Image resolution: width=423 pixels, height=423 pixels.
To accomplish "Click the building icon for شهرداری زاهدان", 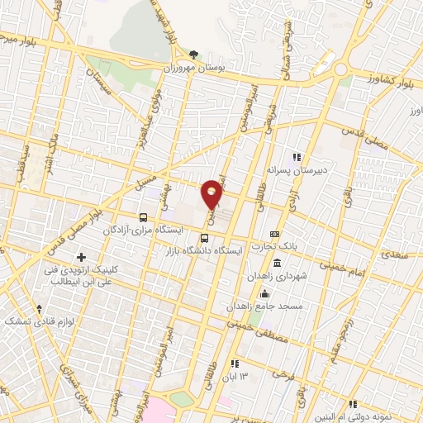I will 275,264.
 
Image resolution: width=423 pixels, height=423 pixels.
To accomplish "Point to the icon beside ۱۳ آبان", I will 235,364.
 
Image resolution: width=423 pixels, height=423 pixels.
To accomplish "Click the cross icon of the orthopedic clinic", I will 81,259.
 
